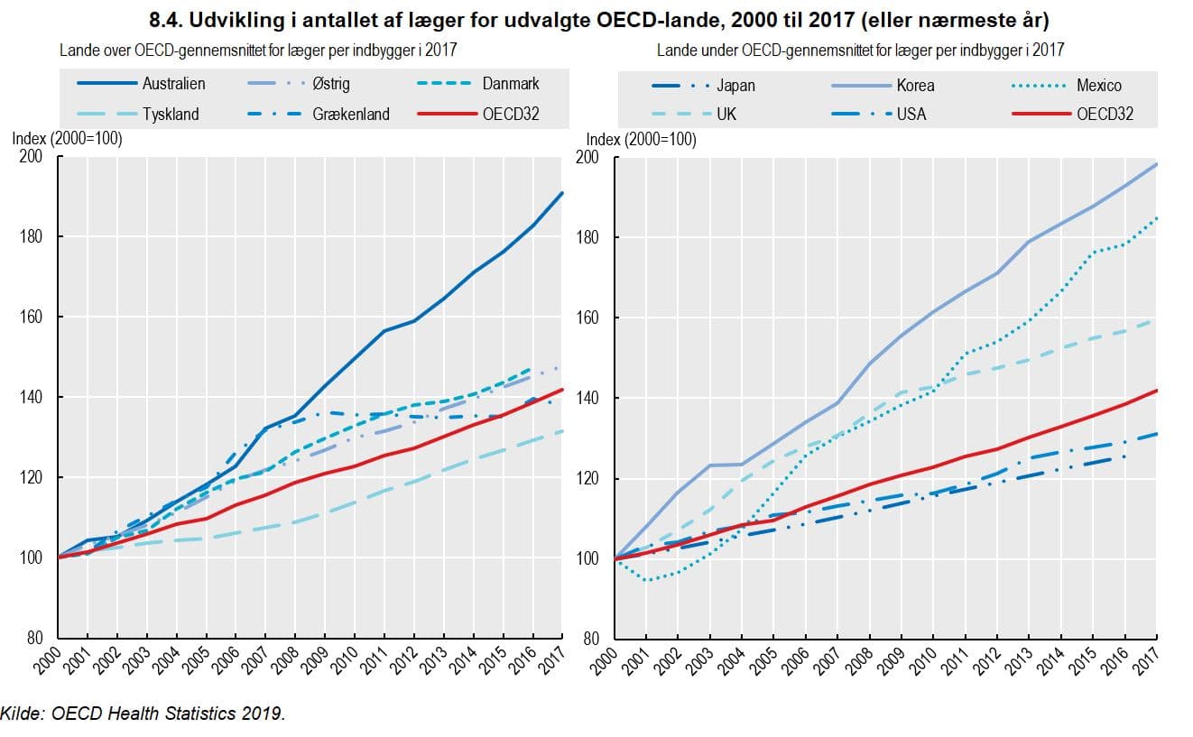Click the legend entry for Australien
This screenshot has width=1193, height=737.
(x=173, y=84)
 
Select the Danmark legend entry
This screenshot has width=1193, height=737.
(x=510, y=84)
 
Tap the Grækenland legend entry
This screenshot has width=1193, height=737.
(x=350, y=115)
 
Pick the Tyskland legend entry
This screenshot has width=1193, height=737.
(x=171, y=115)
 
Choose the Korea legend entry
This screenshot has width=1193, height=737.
(x=914, y=86)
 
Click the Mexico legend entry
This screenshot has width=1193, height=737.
(x=1098, y=86)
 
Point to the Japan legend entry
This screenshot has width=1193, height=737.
(x=735, y=86)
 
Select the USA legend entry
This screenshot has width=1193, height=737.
(x=911, y=115)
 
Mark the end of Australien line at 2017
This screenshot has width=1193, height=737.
(x=563, y=192)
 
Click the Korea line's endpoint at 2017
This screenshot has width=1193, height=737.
(x=1157, y=164)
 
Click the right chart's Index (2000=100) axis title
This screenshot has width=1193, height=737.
(x=641, y=140)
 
